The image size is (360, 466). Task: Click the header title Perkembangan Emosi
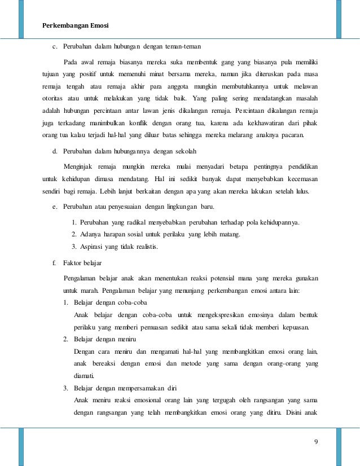point(76,25)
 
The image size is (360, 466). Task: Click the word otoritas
point(55,99)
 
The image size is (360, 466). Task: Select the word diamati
point(84,376)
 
